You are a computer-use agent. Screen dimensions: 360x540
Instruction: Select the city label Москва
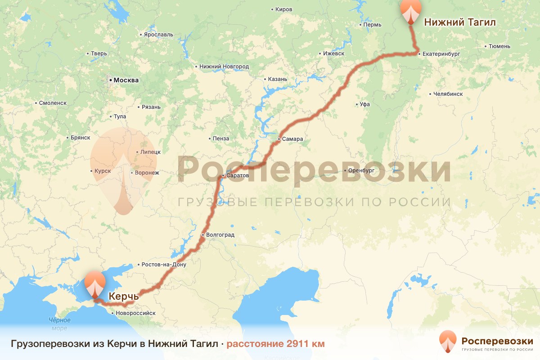click(126, 81)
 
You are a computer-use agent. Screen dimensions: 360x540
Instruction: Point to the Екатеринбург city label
click(441, 54)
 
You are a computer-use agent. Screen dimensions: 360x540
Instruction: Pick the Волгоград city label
click(220, 235)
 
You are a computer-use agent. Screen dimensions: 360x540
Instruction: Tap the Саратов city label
click(237, 175)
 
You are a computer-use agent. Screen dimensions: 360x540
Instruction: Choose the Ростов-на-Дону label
click(164, 265)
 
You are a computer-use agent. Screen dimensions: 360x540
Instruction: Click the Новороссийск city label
click(135, 313)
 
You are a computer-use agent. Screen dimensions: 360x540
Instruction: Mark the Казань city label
click(278, 79)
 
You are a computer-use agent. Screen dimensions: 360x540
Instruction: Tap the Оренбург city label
click(361, 171)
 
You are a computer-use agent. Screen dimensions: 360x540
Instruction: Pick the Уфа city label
click(365, 104)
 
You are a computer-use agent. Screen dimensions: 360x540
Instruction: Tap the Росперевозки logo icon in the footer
click(448, 342)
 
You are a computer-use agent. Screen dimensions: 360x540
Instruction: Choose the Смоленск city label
click(53, 103)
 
